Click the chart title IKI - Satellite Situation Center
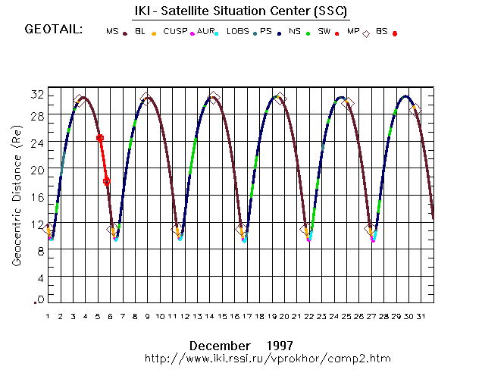[x=240, y=13]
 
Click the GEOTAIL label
[x=54, y=30]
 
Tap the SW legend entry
[x=324, y=32]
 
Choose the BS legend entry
[x=382, y=32]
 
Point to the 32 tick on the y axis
[x=36, y=94]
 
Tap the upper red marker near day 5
[x=100, y=138]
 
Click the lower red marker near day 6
[x=107, y=181]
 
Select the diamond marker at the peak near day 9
[x=146, y=99]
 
